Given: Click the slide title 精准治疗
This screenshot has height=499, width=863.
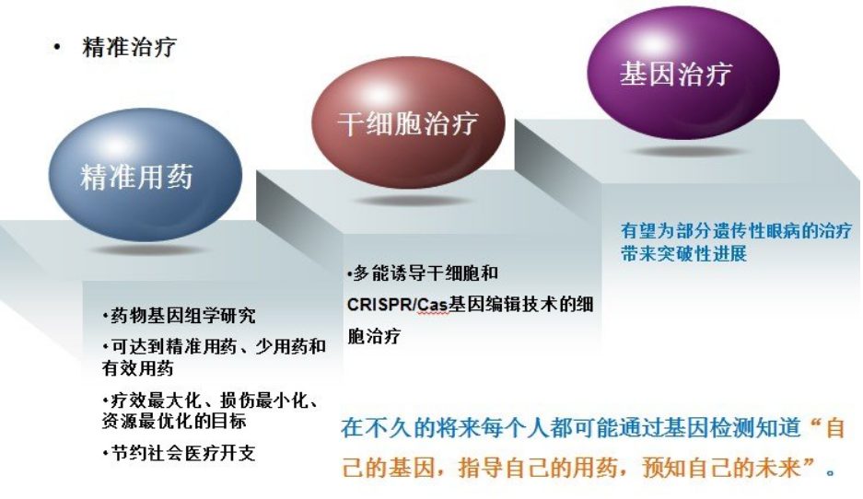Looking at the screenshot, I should click(129, 47).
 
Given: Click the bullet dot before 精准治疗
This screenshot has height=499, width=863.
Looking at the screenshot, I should click(57, 48).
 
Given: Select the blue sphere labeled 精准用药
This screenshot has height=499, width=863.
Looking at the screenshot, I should click(137, 176).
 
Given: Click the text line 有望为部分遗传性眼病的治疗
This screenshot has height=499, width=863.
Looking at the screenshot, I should click(736, 230).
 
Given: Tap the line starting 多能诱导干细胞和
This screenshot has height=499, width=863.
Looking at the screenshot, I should click(425, 274).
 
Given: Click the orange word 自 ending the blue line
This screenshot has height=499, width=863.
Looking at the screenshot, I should click(834, 429).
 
